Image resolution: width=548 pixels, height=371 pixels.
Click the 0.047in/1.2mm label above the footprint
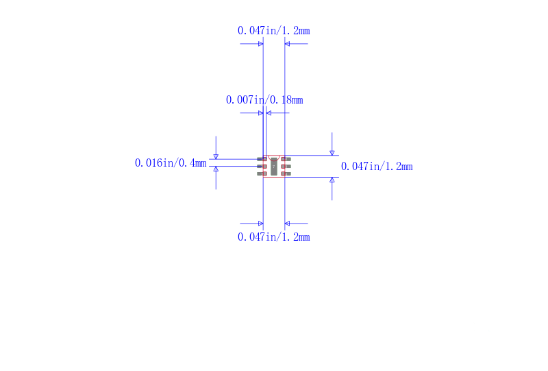click(x=273, y=31)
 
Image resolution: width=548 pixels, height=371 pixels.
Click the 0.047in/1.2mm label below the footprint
click(x=273, y=237)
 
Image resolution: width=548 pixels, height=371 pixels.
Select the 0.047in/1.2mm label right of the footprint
click(x=377, y=166)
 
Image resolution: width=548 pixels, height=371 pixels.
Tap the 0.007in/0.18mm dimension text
click(x=264, y=100)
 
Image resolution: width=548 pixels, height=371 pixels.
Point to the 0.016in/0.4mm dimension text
click(x=171, y=163)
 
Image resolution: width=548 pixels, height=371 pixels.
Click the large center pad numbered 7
click(x=274, y=167)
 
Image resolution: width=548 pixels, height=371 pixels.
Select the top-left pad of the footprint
click(x=262, y=159)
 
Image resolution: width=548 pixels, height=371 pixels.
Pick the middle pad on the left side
click(x=262, y=167)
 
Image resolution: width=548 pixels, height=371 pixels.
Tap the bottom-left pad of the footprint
click(x=262, y=173)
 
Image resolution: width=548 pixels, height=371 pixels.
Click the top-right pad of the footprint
click(x=286, y=159)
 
